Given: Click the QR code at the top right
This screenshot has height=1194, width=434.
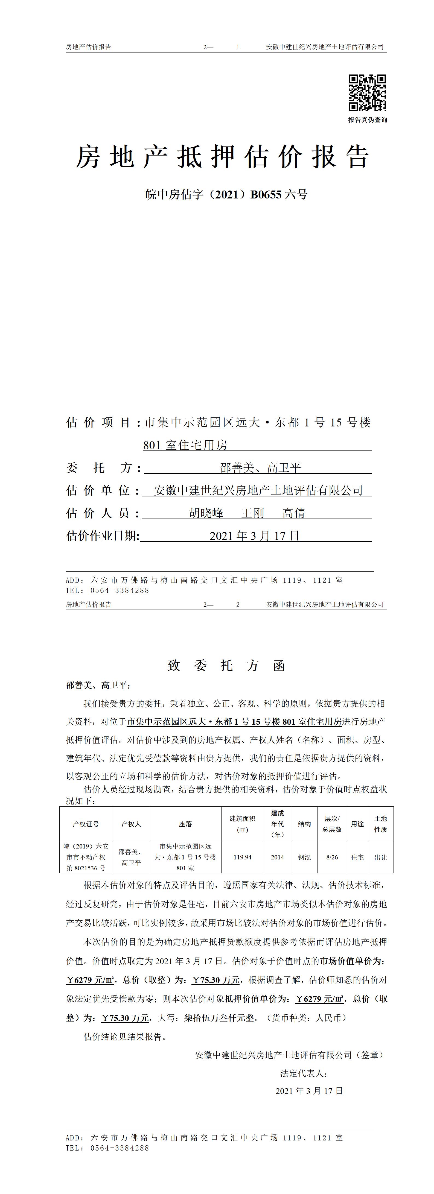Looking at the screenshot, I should coord(367,93).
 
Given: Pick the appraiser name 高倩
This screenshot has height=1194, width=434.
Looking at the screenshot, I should coord(294,513).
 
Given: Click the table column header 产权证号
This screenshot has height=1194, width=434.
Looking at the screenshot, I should coord(86,824).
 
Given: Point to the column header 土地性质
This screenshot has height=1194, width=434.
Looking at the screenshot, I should coord(381,824).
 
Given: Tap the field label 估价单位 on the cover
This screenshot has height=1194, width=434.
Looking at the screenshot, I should coord(98,490).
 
